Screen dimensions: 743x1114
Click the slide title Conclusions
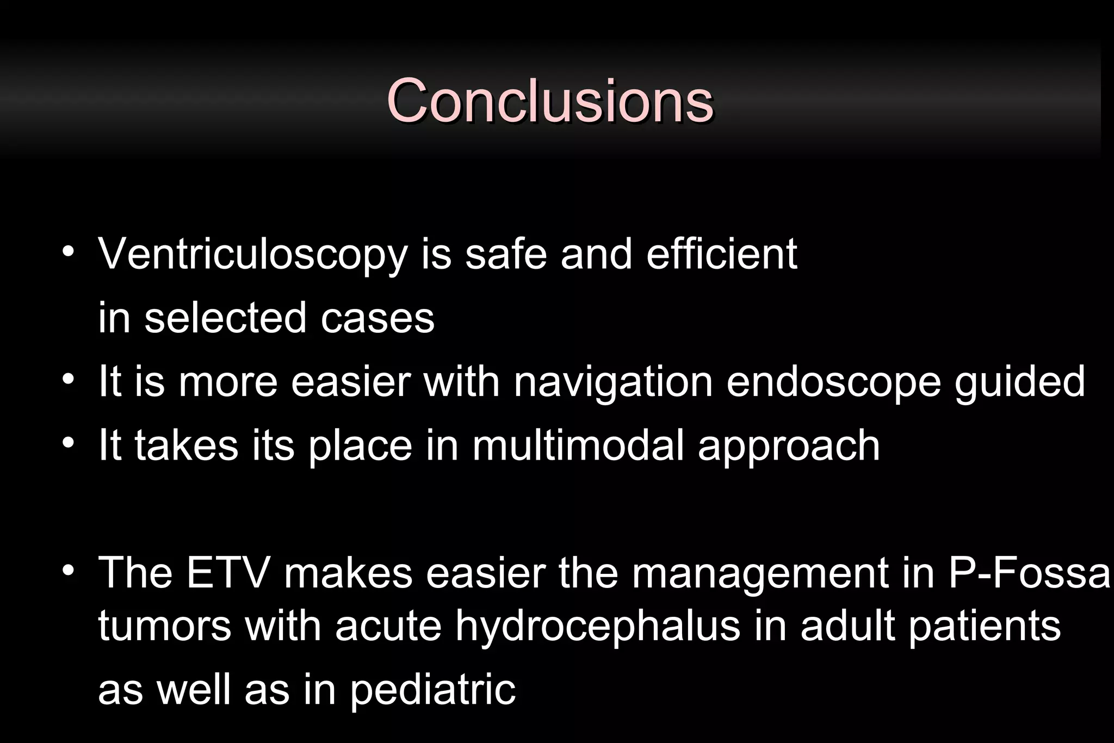[x=549, y=101]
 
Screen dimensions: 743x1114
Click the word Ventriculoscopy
[x=252, y=254]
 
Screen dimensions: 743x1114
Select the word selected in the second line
[x=225, y=318]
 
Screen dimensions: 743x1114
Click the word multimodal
[x=578, y=445]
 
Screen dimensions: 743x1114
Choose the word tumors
[x=164, y=626]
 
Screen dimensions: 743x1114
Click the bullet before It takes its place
[x=67, y=443]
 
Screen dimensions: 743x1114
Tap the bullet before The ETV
[x=67, y=571]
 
